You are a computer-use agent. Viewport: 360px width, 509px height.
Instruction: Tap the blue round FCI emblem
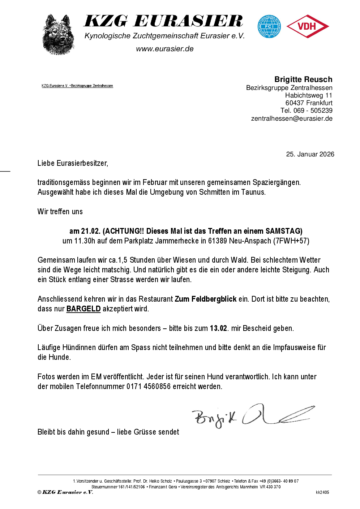point(269,26)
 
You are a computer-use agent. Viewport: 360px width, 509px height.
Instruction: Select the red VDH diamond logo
point(307,26)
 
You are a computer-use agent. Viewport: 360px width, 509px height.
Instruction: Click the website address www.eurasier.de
point(165,49)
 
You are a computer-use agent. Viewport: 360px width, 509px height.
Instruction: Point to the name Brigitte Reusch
point(303,79)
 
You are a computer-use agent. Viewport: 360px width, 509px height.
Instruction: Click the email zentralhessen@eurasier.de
point(292,118)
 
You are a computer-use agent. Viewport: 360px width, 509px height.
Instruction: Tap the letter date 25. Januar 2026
point(310,154)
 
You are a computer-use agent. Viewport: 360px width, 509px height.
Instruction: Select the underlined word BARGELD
point(83,309)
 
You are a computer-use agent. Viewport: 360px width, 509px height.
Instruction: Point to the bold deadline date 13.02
point(218,328)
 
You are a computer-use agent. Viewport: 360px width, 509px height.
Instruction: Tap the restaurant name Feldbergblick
point(214,299)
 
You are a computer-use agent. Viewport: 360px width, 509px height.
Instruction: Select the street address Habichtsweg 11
point(309,95)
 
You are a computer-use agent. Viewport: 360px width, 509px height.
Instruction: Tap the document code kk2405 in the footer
point(322,492)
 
